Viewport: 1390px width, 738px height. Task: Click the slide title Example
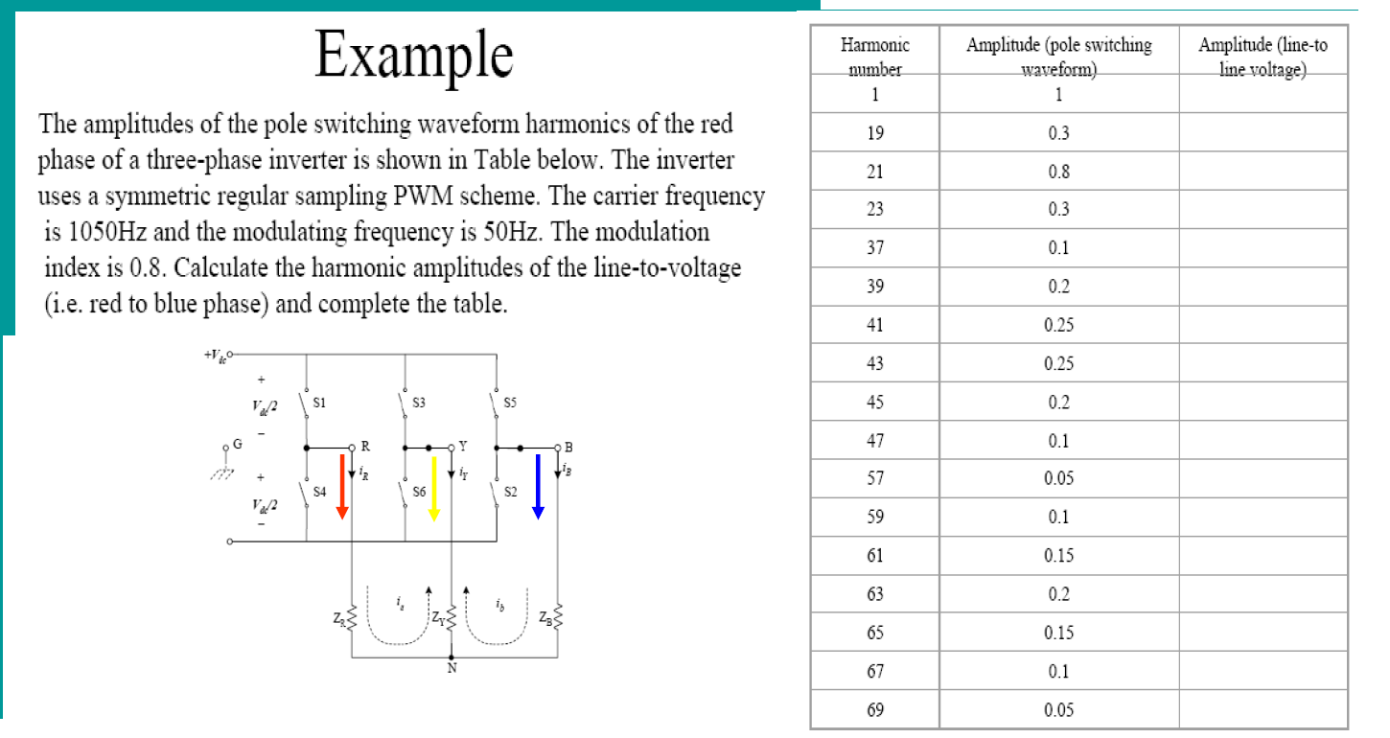coord(413,55)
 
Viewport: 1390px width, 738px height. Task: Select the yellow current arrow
coord(434,487)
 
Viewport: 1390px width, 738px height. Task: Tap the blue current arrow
coord(538,485)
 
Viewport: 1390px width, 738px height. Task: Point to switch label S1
coord(320,404)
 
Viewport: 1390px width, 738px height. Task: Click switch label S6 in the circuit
coord(419,492)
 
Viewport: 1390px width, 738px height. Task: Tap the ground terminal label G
coord(237,445)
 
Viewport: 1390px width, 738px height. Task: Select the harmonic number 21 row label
coord(874,172)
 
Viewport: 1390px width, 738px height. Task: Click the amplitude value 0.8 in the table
coord(1058,172)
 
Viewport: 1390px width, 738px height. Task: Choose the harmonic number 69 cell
coord(874,710)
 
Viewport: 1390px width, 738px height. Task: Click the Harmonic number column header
coord(874,57)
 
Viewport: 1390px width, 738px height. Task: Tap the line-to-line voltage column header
coord(1263,57)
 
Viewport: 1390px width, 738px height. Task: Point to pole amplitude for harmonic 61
coord(1058,556)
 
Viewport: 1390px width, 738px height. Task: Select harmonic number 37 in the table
coord(874,248)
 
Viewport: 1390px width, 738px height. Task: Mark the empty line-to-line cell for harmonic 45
coord(1263,403)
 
